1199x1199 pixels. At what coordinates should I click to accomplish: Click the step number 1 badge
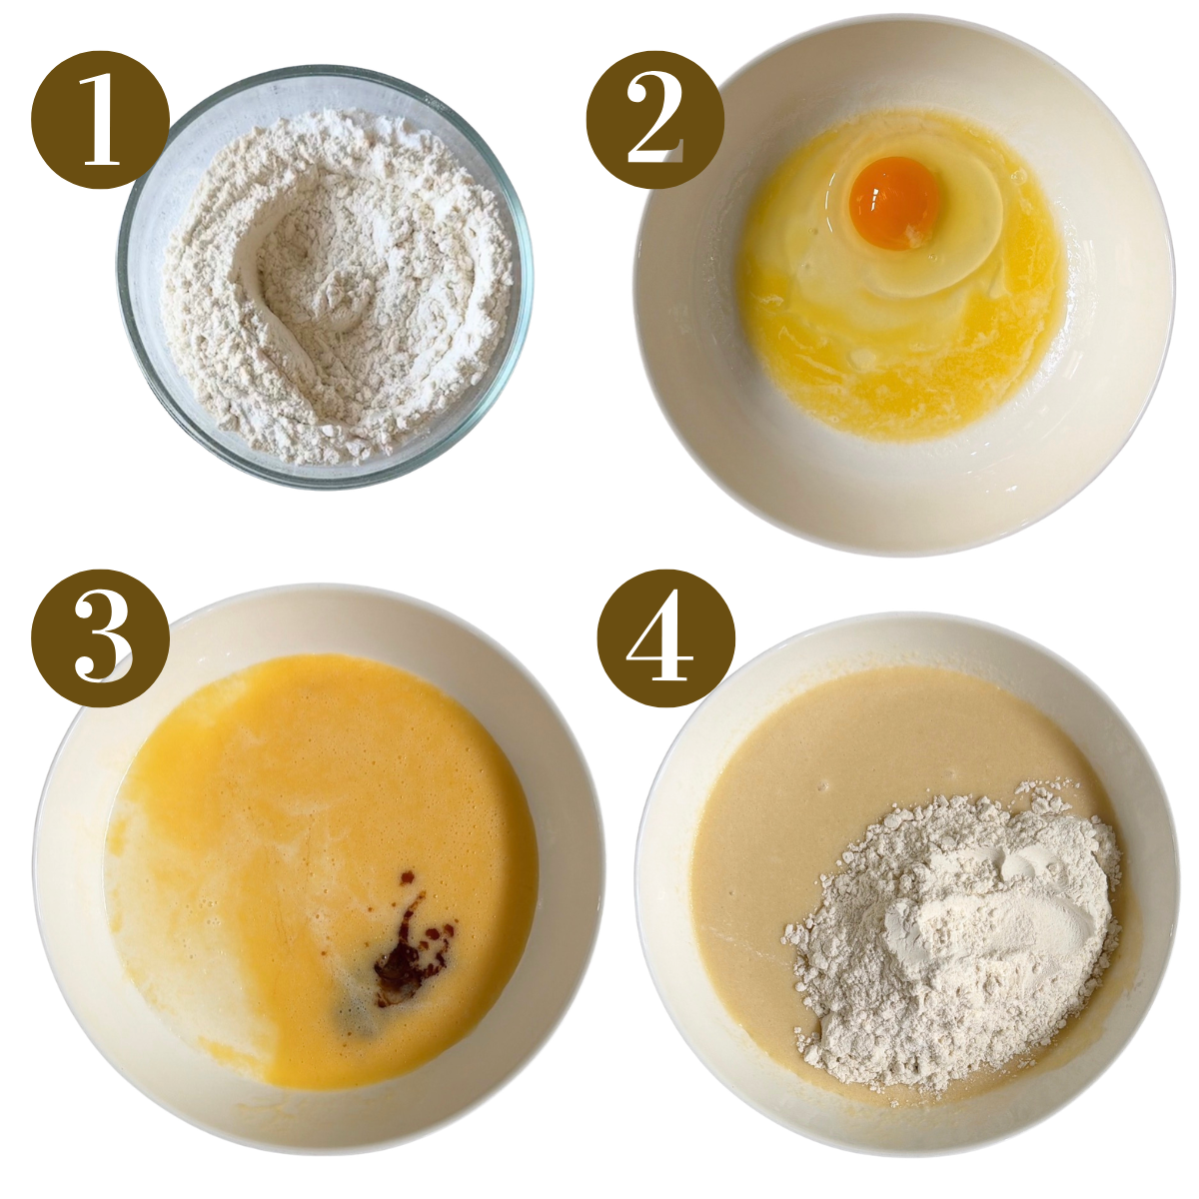point(101,120)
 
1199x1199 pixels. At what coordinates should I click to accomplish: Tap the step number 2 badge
point(654,120)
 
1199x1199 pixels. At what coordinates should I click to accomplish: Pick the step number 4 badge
point(665,639)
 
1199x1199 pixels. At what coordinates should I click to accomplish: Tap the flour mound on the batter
point(949,939)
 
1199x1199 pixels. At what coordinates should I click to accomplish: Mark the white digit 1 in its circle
point(100,120)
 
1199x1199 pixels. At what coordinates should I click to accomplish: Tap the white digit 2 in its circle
point(654,120)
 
